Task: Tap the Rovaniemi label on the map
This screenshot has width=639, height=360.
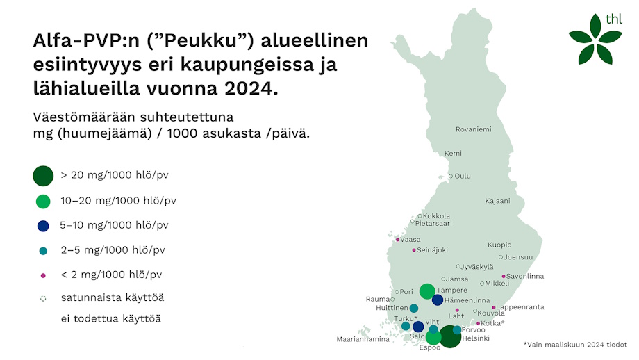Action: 473,129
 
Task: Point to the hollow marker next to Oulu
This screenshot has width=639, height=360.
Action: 451,176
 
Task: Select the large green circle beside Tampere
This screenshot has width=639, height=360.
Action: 426,291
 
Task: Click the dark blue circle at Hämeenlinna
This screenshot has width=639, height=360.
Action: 438,300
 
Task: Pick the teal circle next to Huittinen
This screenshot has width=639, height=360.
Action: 414,308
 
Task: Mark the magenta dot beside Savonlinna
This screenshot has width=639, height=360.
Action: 504,276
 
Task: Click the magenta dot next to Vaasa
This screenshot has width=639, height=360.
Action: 397,240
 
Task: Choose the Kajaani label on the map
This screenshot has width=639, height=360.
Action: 497,201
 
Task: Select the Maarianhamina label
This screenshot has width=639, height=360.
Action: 363,339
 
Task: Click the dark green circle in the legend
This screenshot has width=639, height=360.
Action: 43,176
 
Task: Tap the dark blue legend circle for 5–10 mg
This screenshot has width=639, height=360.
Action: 43,226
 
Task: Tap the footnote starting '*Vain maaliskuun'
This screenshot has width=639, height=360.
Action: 574,344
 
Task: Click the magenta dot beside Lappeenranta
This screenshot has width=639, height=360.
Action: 494,307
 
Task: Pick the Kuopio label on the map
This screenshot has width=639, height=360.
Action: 499,245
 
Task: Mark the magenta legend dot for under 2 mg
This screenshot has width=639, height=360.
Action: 43,275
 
